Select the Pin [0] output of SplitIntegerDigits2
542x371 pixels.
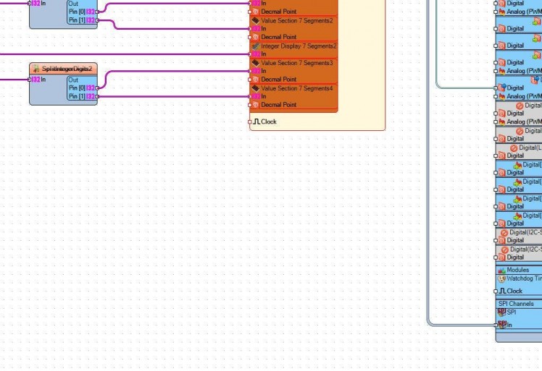point(96,88)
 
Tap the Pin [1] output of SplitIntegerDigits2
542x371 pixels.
point(96,96)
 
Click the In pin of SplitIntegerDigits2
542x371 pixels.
point(33,79)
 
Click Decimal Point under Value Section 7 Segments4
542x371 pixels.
point(278,105)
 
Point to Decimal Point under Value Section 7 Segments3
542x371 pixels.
point(278,80)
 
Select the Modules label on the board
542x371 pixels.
point(517,270)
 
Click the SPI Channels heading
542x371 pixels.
point(516,304)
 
